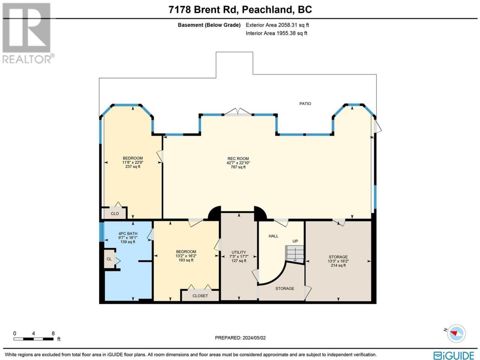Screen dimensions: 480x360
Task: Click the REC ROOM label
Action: pyautogui.click(x=238, y=159)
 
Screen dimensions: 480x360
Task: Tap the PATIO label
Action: pyautogui.click(x=305, y=103)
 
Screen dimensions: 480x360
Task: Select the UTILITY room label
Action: pyautogui.click(x=239, y=252)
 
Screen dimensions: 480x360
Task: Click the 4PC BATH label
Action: pyautogui.click(x=128, y=234)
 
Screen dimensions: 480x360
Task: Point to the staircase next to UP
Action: pyautogui.click(x=295, y=254)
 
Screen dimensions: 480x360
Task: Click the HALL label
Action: pyautogui.click(x=273, y=236)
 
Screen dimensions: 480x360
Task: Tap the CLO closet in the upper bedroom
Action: pyautogui.click(x=115, y=213)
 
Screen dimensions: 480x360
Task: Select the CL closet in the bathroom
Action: pyautogui.click(x=109, y=259)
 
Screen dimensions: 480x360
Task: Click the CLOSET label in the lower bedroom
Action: pyautogui.click(x=200, y=296)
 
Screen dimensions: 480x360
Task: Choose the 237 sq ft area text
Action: pyautogui.click(x=133, y=166)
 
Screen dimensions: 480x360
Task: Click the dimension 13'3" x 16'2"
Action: pyautogui.click(x=338, y=261)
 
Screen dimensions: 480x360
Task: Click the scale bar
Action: pyautogui.click(x=33, y=339)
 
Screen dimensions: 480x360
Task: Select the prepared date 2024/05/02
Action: pyautogui.click(x=254, y=338)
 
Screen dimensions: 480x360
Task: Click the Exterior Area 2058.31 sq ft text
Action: pyautogui.click(x=277, y=25)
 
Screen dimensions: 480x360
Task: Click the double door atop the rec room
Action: pyautogui.click(x=238, y=112)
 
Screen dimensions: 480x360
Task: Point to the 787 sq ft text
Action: pyautogui.click(x=238, y=167)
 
